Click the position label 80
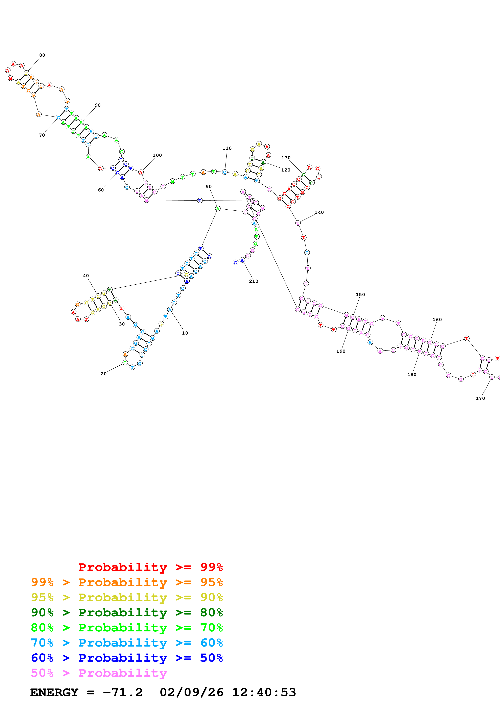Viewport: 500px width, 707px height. click(x=42, y=55)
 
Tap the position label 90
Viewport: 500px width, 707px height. click(x=98, y=105)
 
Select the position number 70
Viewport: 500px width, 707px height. click(x=42, y=135)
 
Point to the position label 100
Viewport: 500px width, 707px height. click(x=157, y=155)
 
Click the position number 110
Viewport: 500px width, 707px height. click(x=227, y=148)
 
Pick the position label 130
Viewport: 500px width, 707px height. click(x=286, y=158)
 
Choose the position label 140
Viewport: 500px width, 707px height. click(x=319, y=212)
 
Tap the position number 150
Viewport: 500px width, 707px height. click(x=360, y=294)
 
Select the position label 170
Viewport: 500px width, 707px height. click(x=480, y=398)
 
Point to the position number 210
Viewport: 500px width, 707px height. click(x=254, y=281)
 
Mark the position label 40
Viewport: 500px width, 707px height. click(x=86, y=276)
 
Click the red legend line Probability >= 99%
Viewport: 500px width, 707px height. click(x=150, y=567)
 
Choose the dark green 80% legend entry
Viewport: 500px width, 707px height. click(x=127, y=612)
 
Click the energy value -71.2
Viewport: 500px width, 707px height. click(x=123, y=692)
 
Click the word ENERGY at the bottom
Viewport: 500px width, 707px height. click(x=54, y=692)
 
